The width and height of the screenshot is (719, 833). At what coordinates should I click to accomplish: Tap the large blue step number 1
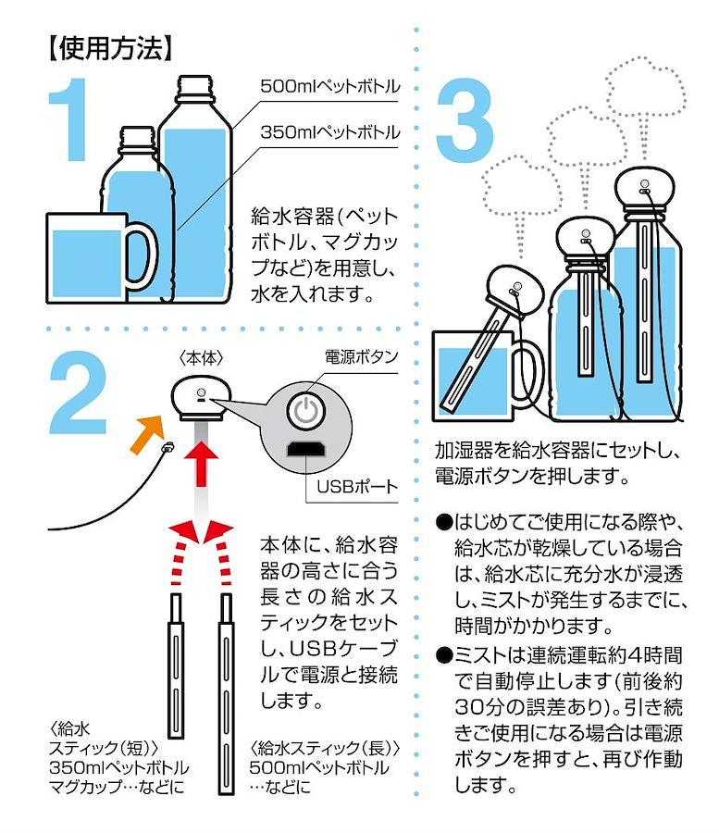click(70, 119)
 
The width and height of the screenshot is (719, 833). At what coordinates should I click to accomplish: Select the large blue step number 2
click(78, 392)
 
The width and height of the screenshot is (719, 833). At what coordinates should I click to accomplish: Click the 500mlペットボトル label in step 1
click(329, 87)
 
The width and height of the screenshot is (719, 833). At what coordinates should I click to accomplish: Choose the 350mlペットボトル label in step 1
click(329, 132)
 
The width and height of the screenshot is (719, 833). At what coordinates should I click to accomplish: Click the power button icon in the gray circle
click(305, 410)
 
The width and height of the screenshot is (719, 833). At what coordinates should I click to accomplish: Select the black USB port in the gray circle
click(305, 449)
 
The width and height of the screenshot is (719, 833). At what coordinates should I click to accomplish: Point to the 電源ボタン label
click(361, 357)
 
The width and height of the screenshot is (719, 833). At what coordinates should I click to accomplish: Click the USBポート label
click(357, 487)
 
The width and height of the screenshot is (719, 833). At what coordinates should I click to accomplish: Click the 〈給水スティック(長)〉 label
click(325, 749)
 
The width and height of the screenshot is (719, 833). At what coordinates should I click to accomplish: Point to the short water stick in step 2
click(176, 666)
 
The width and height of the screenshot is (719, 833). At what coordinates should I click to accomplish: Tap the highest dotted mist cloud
click(646, 89)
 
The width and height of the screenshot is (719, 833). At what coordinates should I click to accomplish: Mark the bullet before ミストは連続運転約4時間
click(443, 655)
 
